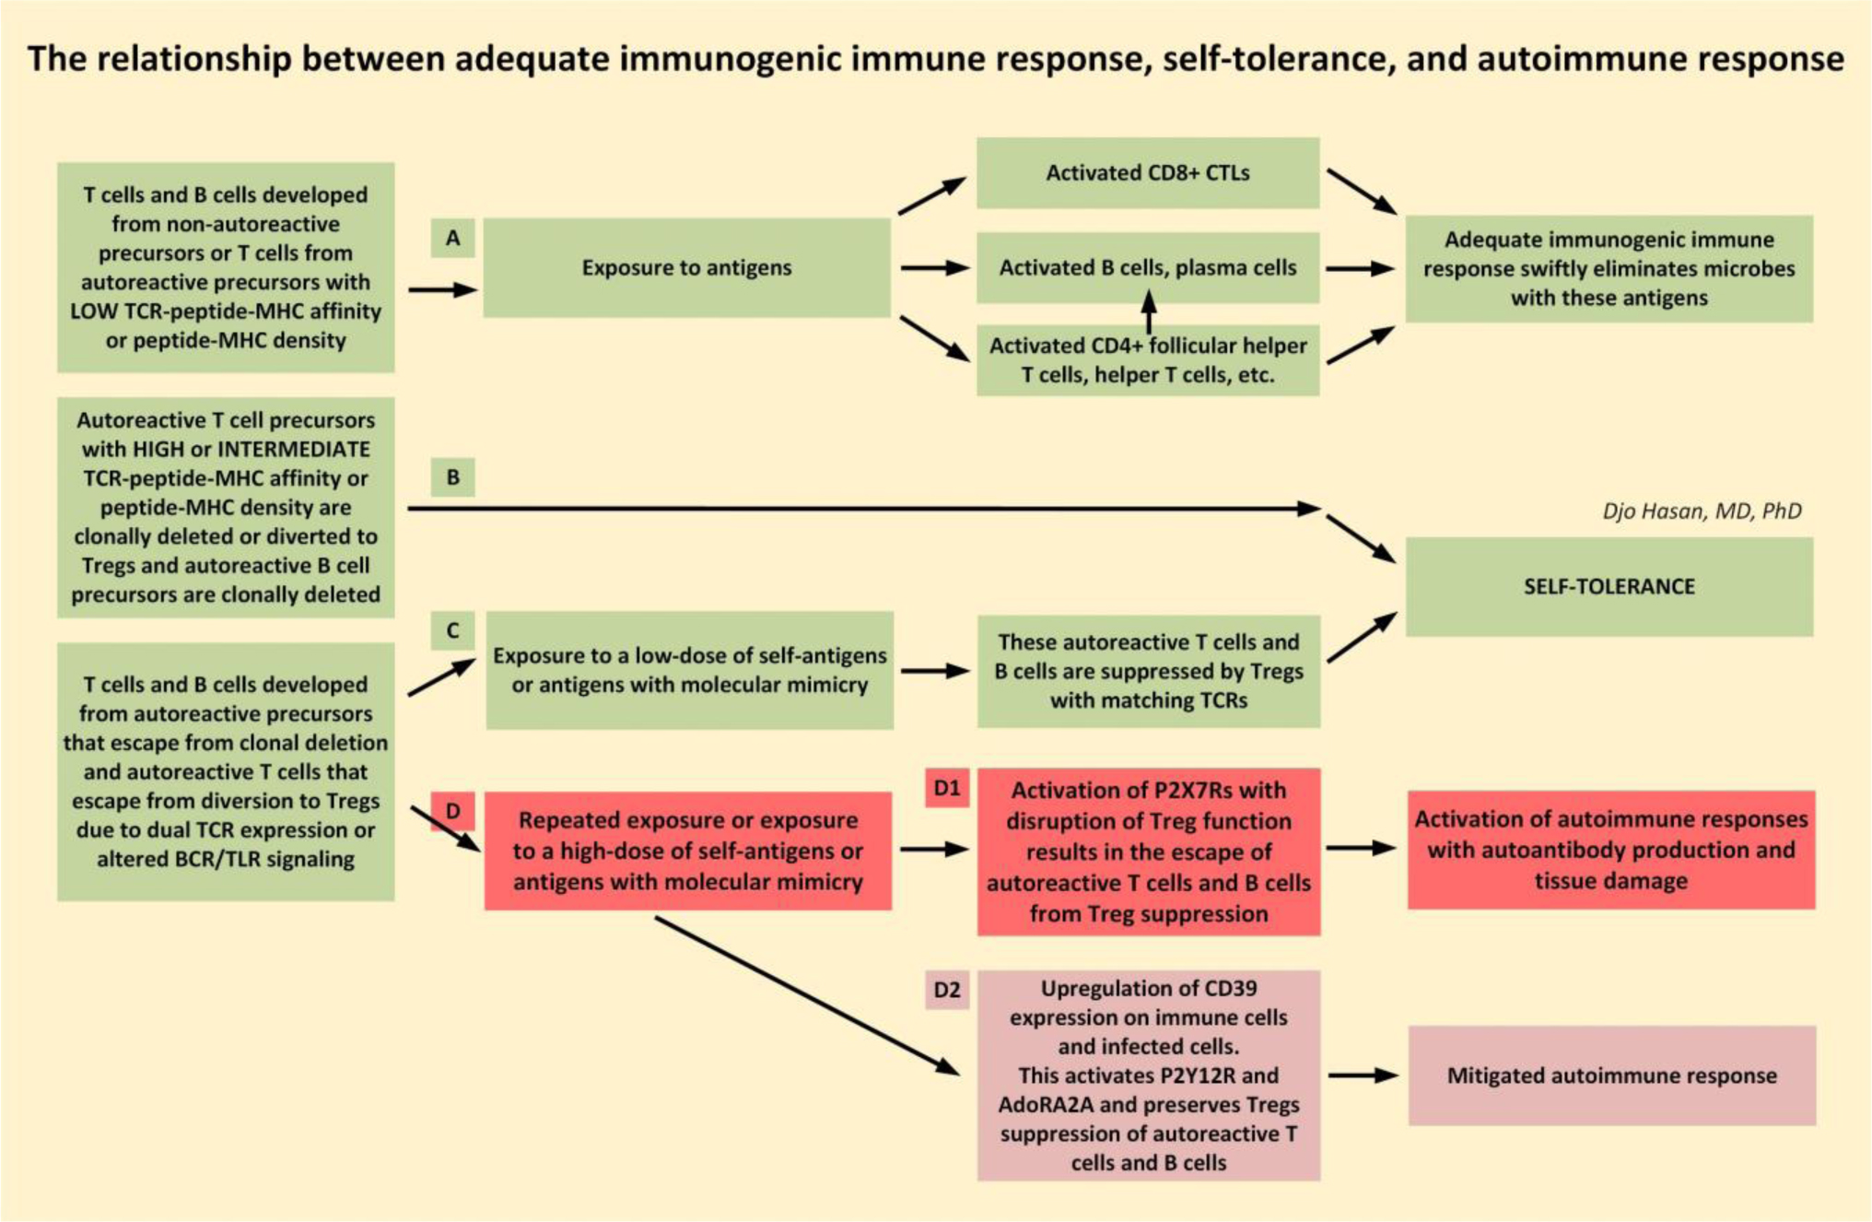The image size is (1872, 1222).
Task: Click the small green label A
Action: pyautogui.click(x=452, y=238)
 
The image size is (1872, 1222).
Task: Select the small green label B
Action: pyautogui.click(x=452, y=477)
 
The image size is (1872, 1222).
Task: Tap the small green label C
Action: pyautogui.click(x=452, y=630)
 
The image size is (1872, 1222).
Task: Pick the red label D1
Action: pyautogui.click(x=947, y=788)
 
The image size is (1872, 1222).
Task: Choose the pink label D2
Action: pyautogui.click(x=947, y=990)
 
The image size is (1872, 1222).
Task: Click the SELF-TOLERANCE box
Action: pyautogui.click(x=1609, y=586)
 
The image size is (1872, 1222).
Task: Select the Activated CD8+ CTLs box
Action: pyautogui.click(x=1147, y=173)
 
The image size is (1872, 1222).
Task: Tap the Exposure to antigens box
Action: pyautogui.click(x=686, y=267)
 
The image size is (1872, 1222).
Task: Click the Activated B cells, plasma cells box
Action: pyautogui.click(x=1147, y=268)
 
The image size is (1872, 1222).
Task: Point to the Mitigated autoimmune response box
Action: pyautogui.click(x=1611, y=1075)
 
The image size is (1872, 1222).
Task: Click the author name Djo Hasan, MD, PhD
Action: pyautogui.click(x=1701, y=511)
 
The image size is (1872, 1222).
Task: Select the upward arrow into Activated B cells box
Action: pyautogui.click(x=1148, y=311)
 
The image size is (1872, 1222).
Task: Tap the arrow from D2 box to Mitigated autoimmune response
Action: pyautogui.click(x=1363, y=1075)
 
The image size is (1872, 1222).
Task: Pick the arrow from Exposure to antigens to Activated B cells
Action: pyautogui.click(x=934, y=268)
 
